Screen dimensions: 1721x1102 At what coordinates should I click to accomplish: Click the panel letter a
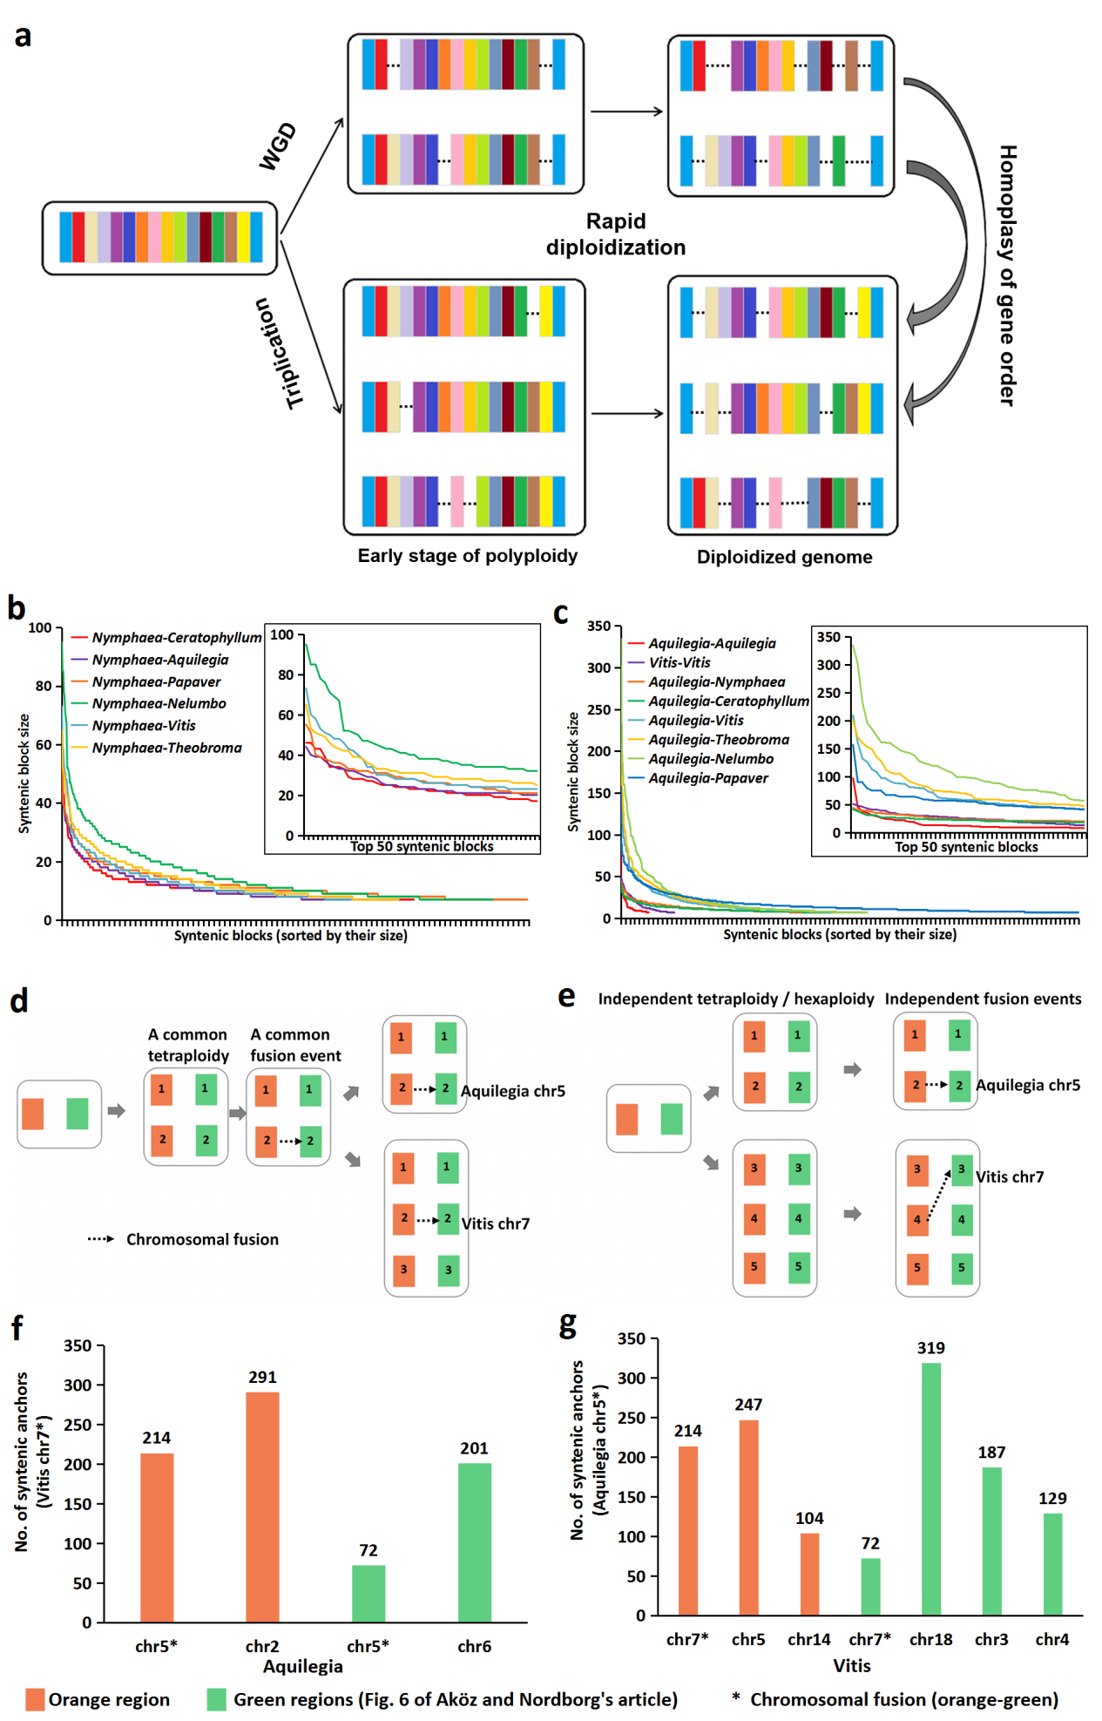pyautogui.click(x=23, y=37)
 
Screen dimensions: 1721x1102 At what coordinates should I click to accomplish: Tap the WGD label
pyautogui.click(x=278, y=146)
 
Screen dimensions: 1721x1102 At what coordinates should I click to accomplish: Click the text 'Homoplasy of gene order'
pyautogui.click(x=1007, y=275)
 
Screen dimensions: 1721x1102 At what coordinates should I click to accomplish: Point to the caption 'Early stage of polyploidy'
pyautogui.click(x=467, y=556)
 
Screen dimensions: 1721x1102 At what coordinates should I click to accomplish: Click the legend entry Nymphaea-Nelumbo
pyautogui.click(x=159, y=703)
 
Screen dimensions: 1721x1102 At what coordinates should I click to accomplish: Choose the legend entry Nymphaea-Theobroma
pyautogui.click(x=166, y=748)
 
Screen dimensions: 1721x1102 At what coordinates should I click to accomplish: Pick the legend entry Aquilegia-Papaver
pyautogui.click(x=707, y=778)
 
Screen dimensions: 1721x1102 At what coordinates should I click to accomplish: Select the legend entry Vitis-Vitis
pyautogui.click(x=679, y=662)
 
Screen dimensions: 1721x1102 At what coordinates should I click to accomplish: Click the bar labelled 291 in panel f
pyautogui.click(x=262, y=1507)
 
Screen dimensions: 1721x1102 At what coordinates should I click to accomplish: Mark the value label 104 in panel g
pyautogui.click(x=809, y=1518)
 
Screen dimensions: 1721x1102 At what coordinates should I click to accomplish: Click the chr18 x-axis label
pyautogui.click(x=930, y=1639)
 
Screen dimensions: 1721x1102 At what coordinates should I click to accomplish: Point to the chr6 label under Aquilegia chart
pyautogui.click(x=474, y=1646)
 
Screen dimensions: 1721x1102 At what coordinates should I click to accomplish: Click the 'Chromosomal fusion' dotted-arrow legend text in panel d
pyautogui.click(x=202, y=1239)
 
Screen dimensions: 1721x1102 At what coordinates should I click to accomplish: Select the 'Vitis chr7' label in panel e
pyautogui.click(x=1009, y=1176)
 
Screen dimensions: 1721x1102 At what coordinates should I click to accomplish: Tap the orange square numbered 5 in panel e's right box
pyautogui.click(x=916, y=1268)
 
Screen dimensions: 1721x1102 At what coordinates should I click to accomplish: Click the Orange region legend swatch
pyautogui.click(x=35, y=1699)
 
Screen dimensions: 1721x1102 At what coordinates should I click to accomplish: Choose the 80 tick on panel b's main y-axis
pyautogui.click(x=43, y=686)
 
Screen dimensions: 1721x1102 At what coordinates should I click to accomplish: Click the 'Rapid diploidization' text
pyautogui.click(x=616, y=234)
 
